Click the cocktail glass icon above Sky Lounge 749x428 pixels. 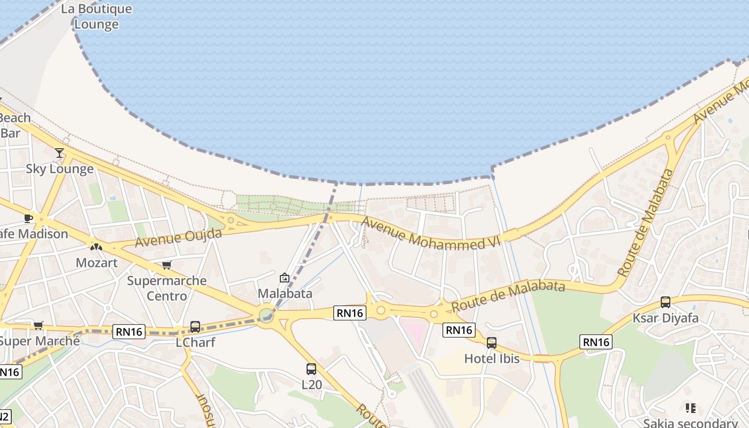pos(59,153)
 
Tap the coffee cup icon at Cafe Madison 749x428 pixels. pos(28,218)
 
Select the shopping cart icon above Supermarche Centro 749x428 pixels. pos(167,265)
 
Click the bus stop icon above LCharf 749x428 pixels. pos(195,326)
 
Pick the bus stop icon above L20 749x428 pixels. pos(311,369)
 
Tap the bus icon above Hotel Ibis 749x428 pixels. pos(492,343)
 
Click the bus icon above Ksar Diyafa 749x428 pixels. pos(666,302)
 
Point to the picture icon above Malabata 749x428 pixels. pos(285,278)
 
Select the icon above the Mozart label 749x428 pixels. pos(96,247)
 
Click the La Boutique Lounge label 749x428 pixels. pos(96,17)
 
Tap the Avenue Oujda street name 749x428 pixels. pos(178,237)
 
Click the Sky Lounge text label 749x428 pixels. pos(60,169)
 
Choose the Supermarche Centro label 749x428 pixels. pos(167,288)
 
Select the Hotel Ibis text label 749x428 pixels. pos(492,358)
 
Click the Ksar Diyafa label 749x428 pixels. pos(666,318)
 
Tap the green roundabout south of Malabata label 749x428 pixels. pos(266,314)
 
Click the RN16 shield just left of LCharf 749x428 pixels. pos(129,332)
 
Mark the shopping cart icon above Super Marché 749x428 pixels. pos(38,325)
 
